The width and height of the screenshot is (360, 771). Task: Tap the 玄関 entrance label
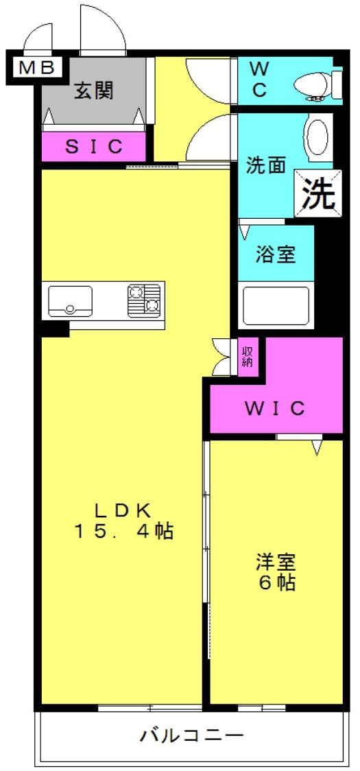click(x=94, y=90)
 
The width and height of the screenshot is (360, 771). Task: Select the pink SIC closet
click(x=95, y=146)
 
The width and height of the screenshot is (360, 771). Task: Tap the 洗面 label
click(x=265, y=167)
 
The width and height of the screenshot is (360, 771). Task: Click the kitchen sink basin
click(x=70, y=300)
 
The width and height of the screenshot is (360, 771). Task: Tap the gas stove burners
click(x=144, y=300)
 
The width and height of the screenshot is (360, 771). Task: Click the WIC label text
click(x=275, y=409)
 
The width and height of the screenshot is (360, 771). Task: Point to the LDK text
click(x=123, y=510)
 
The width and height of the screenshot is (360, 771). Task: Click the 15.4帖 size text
click(x=123, y=531)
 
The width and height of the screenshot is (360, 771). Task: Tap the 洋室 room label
click(x=276, y=562)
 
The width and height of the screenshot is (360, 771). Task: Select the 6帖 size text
click(x=276, y=584)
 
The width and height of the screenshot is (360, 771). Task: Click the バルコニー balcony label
click(x=192, y=737)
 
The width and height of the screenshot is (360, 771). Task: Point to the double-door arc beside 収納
click(x=221, y=357)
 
